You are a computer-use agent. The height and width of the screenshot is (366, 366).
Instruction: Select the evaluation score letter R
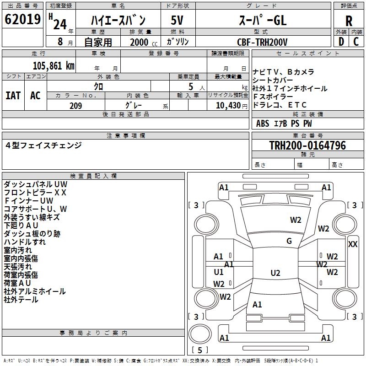click(x=349, y=21)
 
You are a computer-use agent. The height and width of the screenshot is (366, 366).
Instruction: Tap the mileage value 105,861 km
click(x=54, y=65)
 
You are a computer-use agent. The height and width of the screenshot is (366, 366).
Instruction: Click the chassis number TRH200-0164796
click(x=307, y=145)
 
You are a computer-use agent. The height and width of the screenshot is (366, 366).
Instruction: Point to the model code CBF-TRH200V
click(x=262, y=42)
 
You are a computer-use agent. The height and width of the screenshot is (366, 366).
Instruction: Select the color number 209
click(x=75, y=106)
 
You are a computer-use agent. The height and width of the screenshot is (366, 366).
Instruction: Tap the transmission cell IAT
click(x=13, y=96)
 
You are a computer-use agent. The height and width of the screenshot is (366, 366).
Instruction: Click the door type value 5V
click(x=178, y=21)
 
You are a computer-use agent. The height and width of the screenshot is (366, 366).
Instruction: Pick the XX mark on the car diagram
click(x=353, y=244)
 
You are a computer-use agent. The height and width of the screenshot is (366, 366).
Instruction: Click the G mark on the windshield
click(x=289, y=241)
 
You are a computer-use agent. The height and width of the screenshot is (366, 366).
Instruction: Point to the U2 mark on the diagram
click(x=275, y=273)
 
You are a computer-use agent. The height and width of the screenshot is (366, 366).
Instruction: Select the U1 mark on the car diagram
click(x=219, y=272)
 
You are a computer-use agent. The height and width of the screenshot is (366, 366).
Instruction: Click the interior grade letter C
click(x=356, y=41)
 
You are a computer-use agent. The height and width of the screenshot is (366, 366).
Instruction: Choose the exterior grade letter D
click(x=341, y=41)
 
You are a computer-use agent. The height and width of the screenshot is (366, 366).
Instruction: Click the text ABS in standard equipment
click(x=263, y=124)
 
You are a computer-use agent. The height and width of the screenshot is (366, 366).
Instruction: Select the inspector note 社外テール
click(x=21, y=300)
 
